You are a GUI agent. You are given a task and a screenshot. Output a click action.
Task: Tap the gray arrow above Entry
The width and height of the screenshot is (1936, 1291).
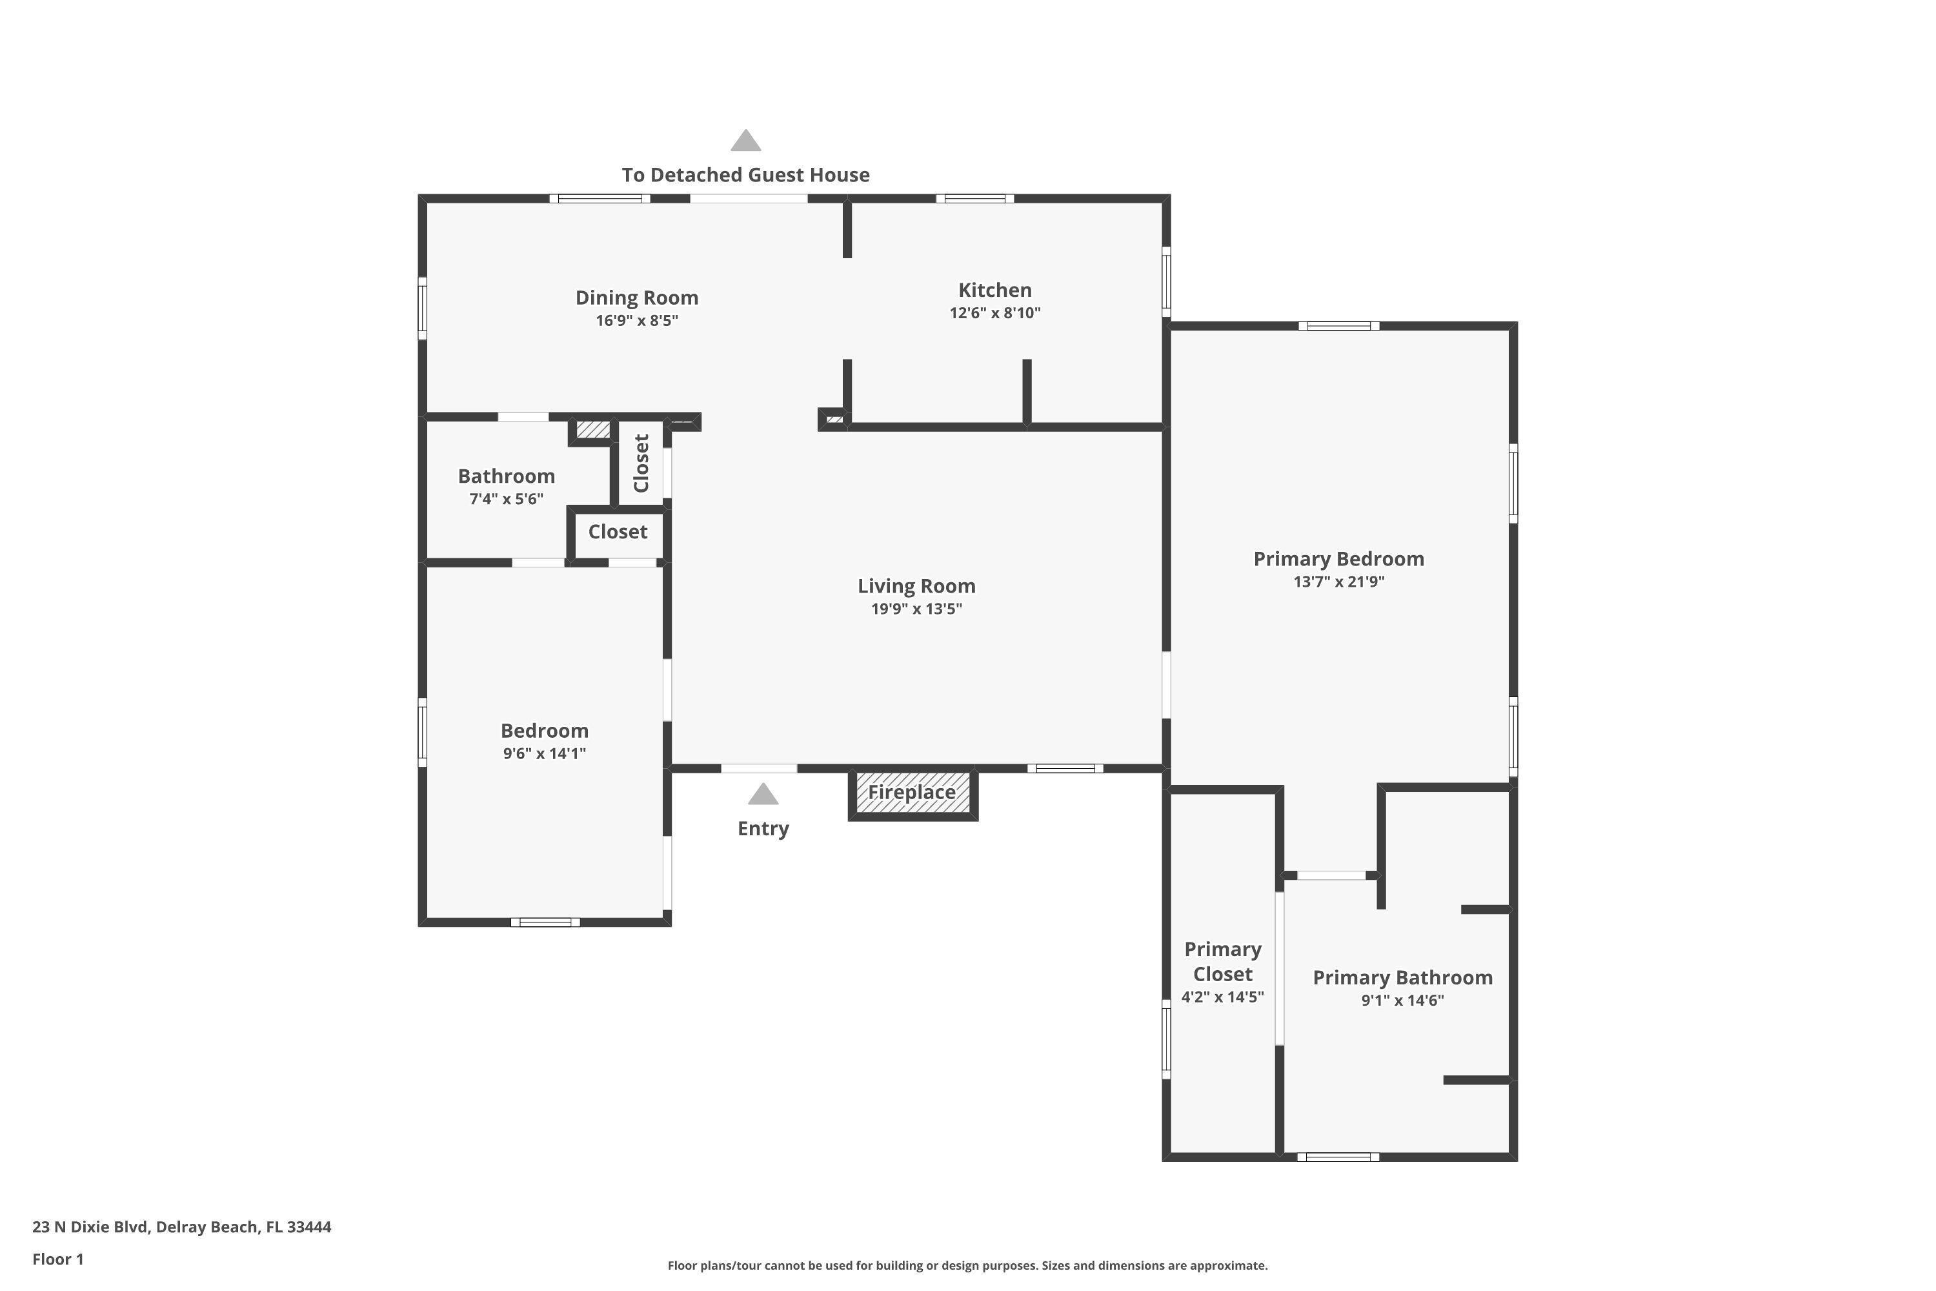coord(763,795)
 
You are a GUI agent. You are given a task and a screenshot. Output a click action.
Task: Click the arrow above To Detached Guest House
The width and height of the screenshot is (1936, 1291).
coord(746,141)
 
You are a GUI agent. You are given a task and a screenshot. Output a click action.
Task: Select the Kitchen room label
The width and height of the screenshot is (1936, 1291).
coord(994,290)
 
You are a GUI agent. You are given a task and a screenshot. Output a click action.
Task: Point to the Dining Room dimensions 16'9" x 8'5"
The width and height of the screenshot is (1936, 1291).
coord(636,320)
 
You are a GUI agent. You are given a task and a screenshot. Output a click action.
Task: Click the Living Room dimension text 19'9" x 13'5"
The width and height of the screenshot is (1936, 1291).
coord(916,609)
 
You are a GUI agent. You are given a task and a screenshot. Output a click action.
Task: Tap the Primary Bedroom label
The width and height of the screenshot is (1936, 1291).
coord(1338,559)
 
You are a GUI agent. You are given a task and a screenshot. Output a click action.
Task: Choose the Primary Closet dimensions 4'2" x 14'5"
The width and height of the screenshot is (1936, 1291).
coord(1222,997)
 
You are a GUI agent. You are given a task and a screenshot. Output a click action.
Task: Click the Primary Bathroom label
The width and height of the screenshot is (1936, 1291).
coord(1402,977)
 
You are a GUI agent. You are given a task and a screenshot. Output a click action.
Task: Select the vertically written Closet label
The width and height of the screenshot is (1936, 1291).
coord(642,463)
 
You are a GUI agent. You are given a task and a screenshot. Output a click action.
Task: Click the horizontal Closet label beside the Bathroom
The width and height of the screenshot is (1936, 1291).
coord(618,532)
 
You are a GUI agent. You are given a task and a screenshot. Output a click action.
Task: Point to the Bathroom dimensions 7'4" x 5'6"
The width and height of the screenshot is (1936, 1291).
coord(506,498)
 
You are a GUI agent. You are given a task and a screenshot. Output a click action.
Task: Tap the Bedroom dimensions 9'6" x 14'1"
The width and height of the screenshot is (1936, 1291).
coord(544,753)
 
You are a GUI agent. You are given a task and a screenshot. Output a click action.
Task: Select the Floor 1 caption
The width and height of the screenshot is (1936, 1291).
coord(57,1259)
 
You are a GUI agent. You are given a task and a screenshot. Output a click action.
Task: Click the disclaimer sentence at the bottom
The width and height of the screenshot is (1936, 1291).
coord(967,1265)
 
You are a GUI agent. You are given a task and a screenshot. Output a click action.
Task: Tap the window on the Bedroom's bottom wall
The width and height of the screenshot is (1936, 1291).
coord(545,922)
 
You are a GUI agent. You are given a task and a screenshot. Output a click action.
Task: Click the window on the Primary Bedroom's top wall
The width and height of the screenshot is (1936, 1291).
coord(1338,326)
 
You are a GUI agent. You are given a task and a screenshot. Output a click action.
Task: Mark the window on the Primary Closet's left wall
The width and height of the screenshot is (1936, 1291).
coord(1165,1039)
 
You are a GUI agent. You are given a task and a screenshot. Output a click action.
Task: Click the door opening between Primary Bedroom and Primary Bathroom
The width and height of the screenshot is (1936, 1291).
coord(1331,875)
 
